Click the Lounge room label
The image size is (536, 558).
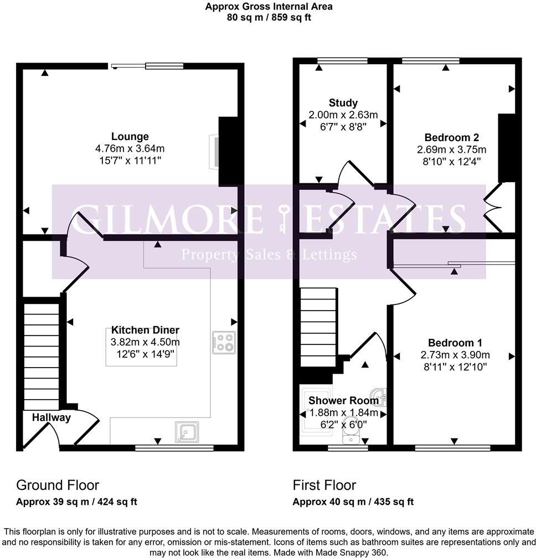(130, 137)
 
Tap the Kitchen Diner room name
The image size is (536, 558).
(145, 330)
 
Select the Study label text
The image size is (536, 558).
(343, 103)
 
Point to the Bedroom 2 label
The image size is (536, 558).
(452, 137)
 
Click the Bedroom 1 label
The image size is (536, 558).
(455, 343)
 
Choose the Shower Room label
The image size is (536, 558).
(343, 401)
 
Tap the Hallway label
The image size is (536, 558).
(51, 417)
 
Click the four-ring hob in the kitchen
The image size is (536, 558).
(224, 342)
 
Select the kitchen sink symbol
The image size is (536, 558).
(187, 432)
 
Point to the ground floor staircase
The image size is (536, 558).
(42, 356)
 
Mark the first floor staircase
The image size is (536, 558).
(318, 327)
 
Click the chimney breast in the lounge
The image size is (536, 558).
(228, 151)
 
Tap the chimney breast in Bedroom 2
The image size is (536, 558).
(507, 148)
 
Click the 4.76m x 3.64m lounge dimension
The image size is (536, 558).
(130, 148)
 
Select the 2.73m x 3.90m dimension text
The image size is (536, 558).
(455, 355)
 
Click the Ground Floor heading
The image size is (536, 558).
(58, 485)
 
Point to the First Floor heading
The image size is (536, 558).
(324, 485)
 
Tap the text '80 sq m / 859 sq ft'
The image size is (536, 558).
(269, 18)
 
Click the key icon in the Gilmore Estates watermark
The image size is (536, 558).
(284, 218)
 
